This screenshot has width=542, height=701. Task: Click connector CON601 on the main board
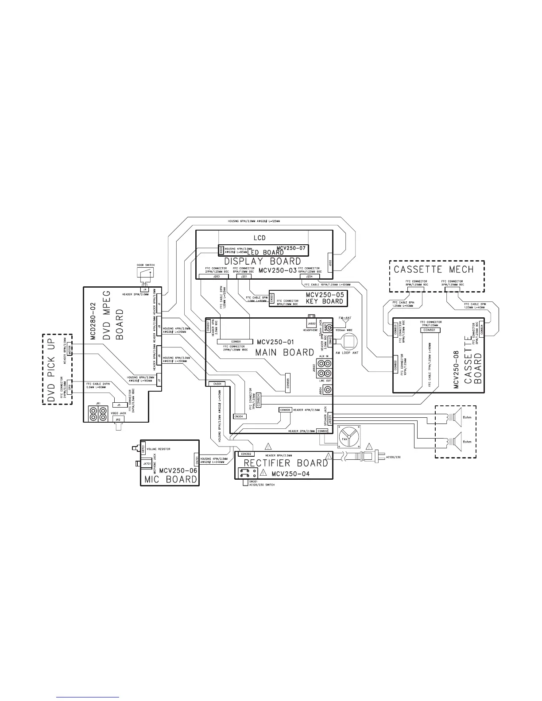tap(236, 342)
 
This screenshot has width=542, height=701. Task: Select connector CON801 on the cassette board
tap(429, 330)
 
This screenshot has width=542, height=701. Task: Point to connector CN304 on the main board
tap(239, 416)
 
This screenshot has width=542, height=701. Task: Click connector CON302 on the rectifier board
tap(245, 454)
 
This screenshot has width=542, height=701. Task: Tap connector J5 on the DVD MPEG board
tap(118, 404)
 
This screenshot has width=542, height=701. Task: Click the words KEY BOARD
tap(325, 301)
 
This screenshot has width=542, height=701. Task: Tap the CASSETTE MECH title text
tap(434, 270)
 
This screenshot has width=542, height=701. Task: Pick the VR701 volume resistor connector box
tap(143, 449)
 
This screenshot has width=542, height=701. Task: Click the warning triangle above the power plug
tap(367, 445)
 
